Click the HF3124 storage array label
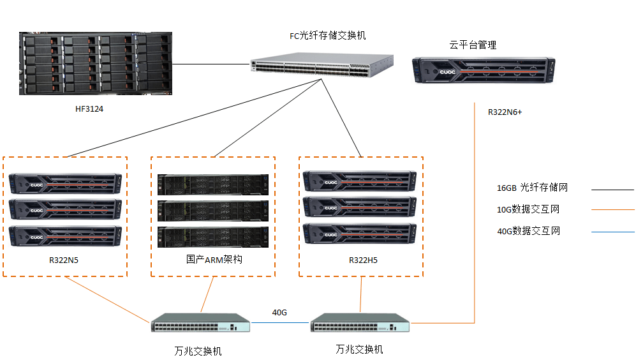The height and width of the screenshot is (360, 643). [x=89, y=109]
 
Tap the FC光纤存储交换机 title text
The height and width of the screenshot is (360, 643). [x=327, y=36]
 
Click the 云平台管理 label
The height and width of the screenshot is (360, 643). [x=473, y=45]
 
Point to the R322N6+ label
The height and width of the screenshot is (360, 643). [x=505, y=112]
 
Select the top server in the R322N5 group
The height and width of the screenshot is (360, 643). [x=66, y=183]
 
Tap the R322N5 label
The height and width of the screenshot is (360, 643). [x=65, y=260]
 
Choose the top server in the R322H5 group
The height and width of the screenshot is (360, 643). [x=360, y=181]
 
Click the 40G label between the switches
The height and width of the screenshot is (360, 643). [x=279, y=313]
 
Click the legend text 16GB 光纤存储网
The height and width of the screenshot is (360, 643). [x=532, y=188]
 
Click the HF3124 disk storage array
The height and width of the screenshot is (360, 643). [x=96, y=64]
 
